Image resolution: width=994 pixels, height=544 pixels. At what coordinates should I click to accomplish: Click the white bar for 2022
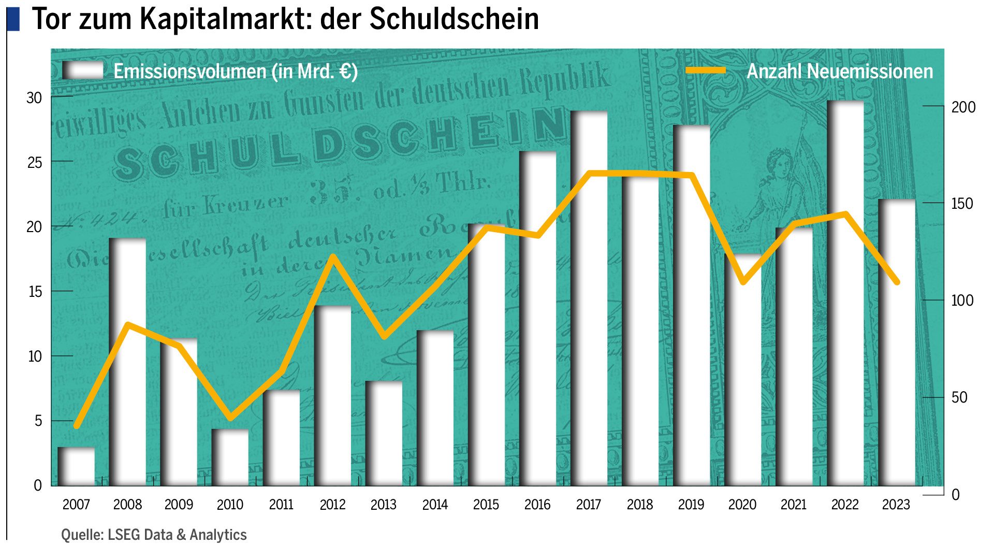coord(845,311)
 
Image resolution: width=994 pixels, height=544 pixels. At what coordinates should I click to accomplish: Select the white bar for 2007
coord(77,466)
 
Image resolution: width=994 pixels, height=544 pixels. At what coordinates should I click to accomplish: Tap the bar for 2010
coord(230,459)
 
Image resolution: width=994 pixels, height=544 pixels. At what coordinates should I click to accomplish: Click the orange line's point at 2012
coord(333,256)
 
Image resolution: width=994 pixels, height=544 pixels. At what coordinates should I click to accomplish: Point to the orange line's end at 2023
coord(897,282)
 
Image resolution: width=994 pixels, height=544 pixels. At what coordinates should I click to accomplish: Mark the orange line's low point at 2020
coord(743,282)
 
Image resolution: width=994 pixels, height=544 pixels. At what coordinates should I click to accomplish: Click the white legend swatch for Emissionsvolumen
coord(83,70)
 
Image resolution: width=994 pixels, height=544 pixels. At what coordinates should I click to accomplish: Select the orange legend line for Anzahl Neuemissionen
coord(706,70)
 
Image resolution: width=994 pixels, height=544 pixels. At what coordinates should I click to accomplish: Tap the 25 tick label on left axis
coord(34,163)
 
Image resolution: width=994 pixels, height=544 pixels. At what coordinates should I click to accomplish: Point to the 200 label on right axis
coord(963,107)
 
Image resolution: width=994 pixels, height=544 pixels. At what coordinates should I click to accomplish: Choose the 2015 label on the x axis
coord(486,505)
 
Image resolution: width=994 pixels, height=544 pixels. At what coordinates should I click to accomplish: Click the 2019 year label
coord(691,505)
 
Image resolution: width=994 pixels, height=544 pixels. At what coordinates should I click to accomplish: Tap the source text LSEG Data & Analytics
coord(177,534)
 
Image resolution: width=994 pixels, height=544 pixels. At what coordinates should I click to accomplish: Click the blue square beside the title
coord(13,19)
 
